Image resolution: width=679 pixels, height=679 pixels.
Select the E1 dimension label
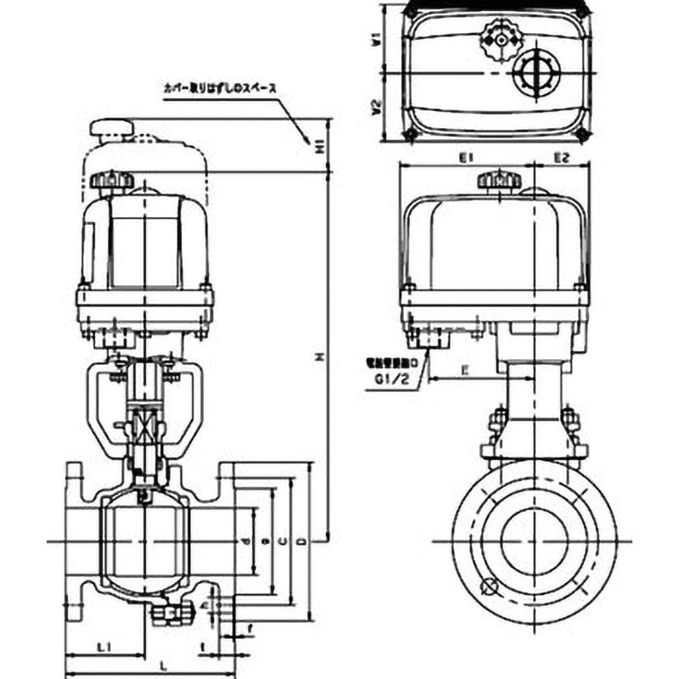466,158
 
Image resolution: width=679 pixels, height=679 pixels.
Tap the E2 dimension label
560,158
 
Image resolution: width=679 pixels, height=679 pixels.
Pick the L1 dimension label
102,648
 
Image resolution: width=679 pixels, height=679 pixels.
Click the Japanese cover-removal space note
220,87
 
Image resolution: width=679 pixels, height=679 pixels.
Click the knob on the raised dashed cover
112,129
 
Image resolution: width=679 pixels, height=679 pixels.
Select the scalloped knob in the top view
497,38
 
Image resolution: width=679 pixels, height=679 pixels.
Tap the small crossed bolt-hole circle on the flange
486,586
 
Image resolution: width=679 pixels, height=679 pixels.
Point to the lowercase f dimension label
251,629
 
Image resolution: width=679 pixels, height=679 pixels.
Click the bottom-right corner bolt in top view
582,134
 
